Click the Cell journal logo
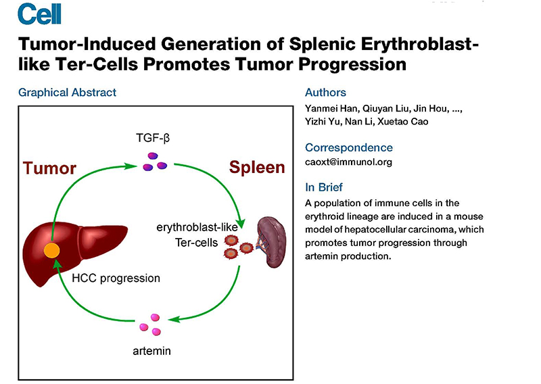tap(39, 13)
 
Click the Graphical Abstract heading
tap(68, 93)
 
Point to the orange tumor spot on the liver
tap(53, 251)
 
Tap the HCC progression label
tap(116, 278)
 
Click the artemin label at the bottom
tap(153, 352)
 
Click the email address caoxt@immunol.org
tap(348, 162)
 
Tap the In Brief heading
tap(323, 187)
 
